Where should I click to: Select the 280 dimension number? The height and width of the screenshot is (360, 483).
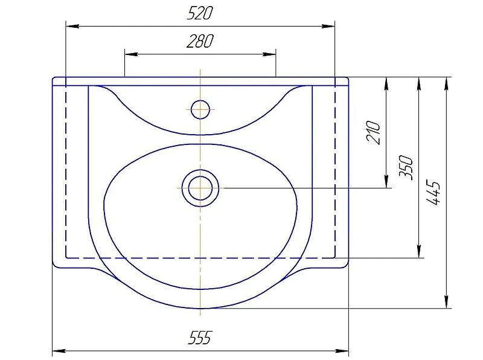[x=200, y=41]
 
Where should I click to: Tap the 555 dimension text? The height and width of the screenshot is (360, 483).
[x=200, y=338]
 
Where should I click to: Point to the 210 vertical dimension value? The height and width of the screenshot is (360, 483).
[x=374, y=133]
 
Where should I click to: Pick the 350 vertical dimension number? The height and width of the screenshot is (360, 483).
[x=406, y=167]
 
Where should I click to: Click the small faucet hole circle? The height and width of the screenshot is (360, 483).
[x=200, y=109]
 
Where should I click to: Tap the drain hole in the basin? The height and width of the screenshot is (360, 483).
[x=200, y=187]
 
